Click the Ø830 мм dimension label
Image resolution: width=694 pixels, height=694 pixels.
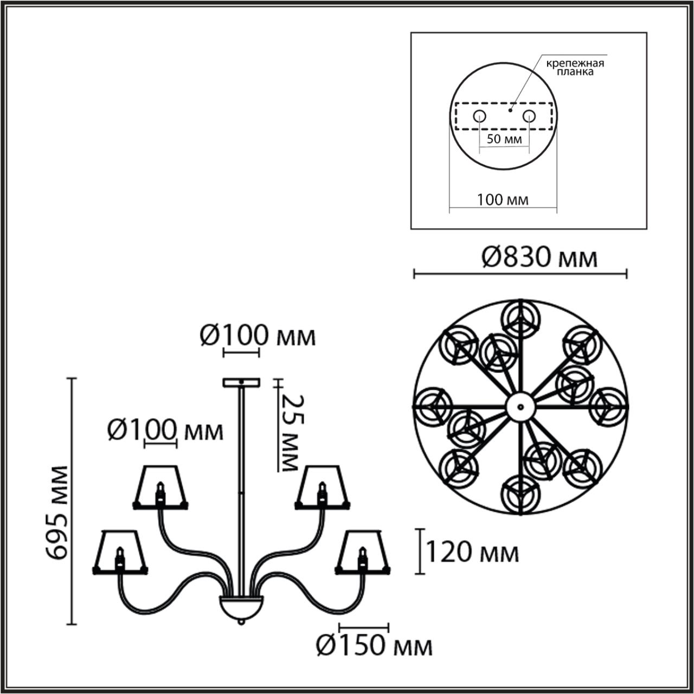539,258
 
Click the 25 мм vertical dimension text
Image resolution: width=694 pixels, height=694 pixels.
292,433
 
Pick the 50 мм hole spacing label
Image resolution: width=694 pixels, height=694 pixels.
504,139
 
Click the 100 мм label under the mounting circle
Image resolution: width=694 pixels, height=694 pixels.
503,200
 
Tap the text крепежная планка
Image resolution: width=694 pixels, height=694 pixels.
575,68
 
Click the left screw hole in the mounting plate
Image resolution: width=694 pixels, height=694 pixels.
479,116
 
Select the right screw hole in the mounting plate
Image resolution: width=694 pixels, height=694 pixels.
529,116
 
